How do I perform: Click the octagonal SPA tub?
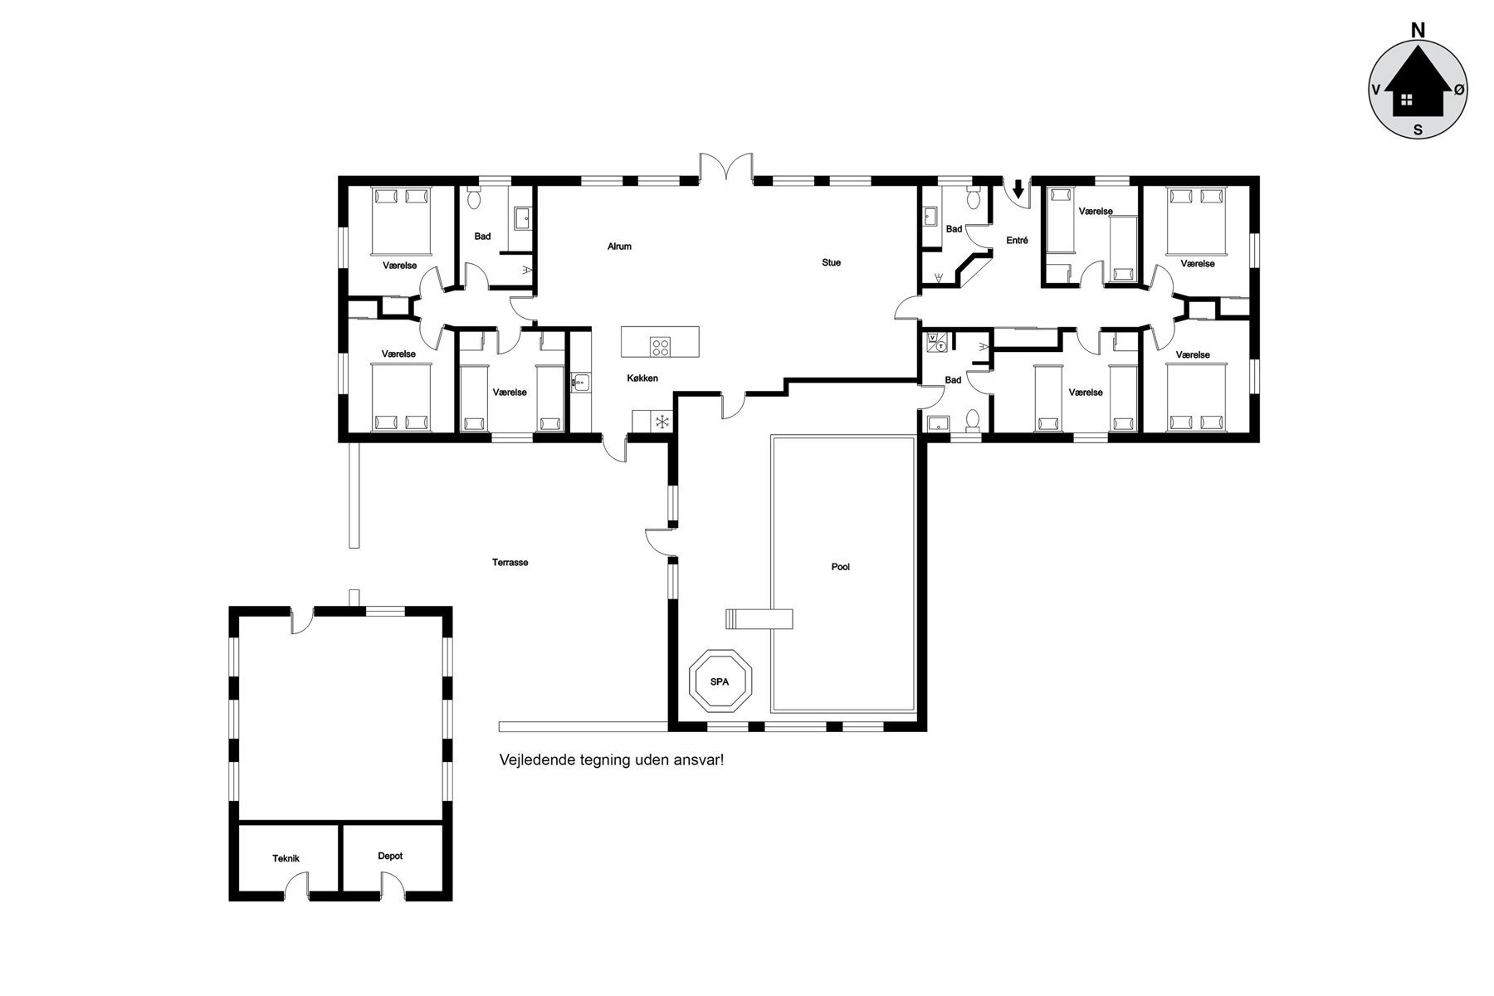(x=719, y=681)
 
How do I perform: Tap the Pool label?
(x=840, y=567)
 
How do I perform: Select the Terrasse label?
(x=510, y=562)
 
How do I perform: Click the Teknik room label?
(x=286, y=859)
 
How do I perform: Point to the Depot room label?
(x=390, y=856)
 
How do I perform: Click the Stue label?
(x=831, y=262)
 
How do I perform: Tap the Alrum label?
(x=619, y=247)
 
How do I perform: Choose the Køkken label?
(x=642, y=378)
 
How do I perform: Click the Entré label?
(x=1017, y=241)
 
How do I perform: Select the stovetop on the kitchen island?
(x=661, y=347)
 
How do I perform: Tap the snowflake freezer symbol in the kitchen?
(x=662, y=422)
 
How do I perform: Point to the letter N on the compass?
(x=1418, y=31)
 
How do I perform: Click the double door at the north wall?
(x=725, y=166)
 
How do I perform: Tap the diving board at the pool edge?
(x=759, y=619)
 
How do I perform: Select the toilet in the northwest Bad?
(x=474, y=198)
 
